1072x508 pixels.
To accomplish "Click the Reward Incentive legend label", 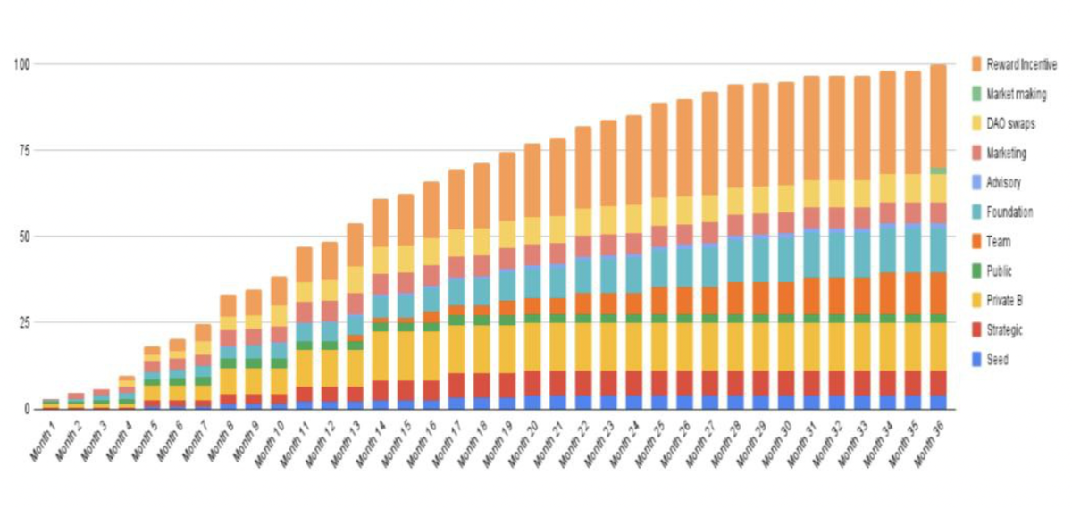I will point(1021,64).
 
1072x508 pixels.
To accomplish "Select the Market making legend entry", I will point(1016,94).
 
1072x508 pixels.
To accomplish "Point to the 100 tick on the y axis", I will point(22,64).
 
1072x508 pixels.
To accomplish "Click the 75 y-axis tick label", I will point(25,151).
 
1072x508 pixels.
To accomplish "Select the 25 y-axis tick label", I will point(25,323).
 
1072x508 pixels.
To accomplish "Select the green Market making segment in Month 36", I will point(939,171).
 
